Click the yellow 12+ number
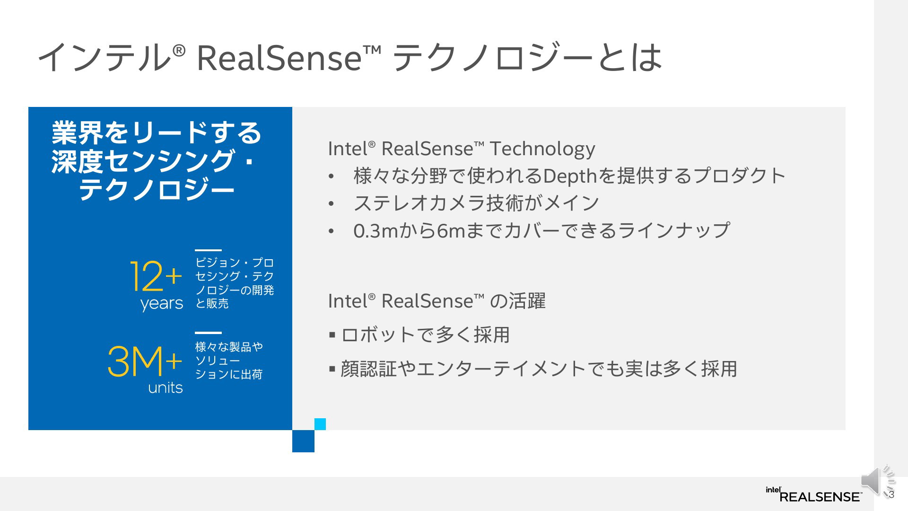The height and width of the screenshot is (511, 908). point(156,276)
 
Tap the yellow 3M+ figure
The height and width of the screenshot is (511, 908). point(145,361)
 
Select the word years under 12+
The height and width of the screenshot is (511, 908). point(161,303)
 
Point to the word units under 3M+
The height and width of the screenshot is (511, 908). point(166,388)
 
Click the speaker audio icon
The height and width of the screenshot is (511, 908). point(878,481)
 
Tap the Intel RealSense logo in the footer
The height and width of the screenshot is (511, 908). point(813,494)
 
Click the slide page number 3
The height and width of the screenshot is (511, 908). point(891,495)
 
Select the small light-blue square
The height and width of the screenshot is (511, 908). point(320,424)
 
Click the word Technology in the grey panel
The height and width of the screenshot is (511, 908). point(542,149)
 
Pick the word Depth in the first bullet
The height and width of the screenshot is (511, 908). point(564,176)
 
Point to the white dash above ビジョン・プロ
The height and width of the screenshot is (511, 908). point(208,250)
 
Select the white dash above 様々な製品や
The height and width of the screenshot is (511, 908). point(208,333)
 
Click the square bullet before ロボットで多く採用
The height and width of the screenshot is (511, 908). point(332,335)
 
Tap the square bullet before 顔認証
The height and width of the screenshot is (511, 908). point(332,369)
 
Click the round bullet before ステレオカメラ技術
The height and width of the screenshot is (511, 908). point(332,204)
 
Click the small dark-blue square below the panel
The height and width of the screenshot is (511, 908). point(303,441)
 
